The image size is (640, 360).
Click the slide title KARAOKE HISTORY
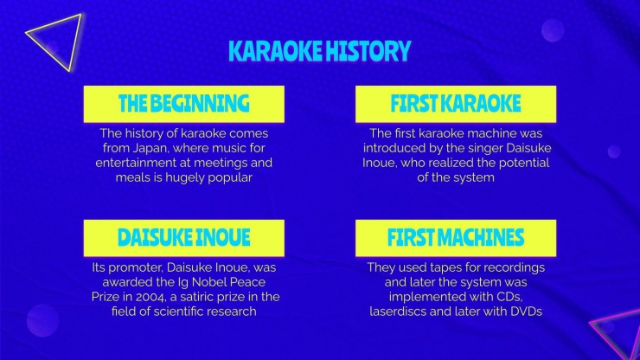(x=320, y=51)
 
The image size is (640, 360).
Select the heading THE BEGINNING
(x=183, y=103)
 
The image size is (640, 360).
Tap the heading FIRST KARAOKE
(x=456, y=103)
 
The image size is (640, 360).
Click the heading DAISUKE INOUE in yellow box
(x=183, y=237)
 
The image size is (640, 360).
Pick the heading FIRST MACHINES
(x=456, y=237)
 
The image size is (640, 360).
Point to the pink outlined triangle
(x=612, y=327)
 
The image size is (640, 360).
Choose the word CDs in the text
(x=509, y=297)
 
